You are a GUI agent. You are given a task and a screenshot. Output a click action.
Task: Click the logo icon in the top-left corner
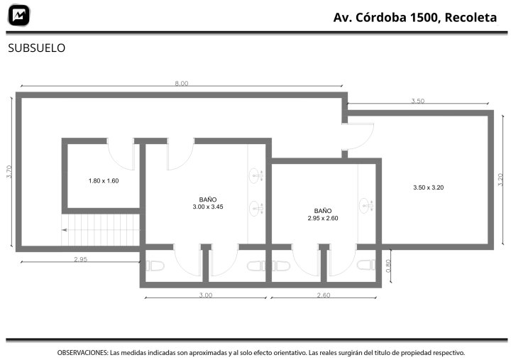(19, 15)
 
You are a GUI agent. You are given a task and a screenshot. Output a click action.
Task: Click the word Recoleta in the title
(471, 17)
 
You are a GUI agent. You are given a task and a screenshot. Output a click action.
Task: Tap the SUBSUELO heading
(36, 48)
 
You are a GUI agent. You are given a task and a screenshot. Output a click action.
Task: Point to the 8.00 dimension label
(182, 83)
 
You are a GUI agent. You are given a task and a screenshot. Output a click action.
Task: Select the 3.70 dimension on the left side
(9, 172)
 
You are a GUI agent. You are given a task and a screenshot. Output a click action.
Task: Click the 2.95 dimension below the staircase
(80, 259)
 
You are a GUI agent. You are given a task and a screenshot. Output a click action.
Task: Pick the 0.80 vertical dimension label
(388, 266)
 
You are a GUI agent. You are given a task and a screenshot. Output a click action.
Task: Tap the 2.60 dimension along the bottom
(324, 295)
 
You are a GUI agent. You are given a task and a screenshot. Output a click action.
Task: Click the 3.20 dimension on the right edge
(500, 180)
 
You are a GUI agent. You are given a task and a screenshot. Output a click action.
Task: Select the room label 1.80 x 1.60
(104, 180)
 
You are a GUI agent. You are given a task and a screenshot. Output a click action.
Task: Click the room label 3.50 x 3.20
(429, 187)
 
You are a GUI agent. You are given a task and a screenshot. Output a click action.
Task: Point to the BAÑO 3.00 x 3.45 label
(208, 203)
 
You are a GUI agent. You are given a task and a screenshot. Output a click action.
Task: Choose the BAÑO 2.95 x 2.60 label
(323, 214)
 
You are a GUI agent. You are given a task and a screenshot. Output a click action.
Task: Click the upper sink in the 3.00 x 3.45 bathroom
(256, 176)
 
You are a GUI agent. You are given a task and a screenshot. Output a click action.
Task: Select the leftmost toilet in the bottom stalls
(155, 266)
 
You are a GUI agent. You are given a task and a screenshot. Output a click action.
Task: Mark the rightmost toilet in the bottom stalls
(366, 265)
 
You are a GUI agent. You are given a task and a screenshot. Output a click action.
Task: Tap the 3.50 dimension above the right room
(418, 101)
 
